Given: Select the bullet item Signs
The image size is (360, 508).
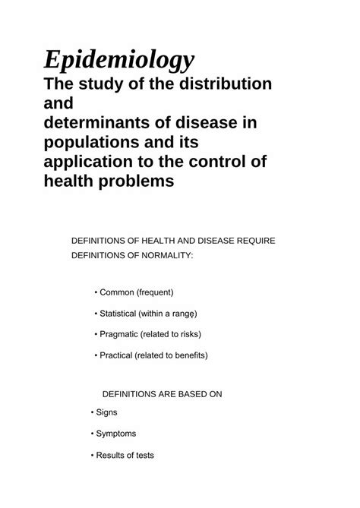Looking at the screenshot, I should click(106, 412).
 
